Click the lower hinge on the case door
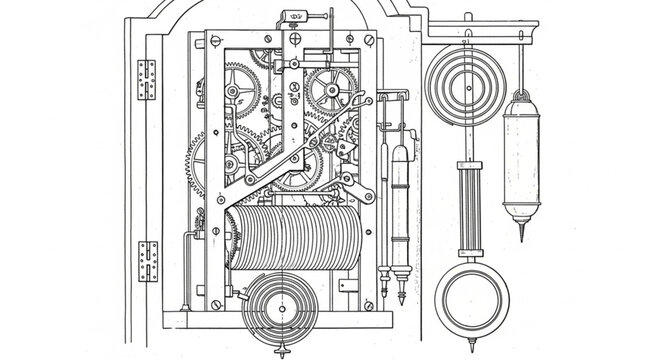[148, 260]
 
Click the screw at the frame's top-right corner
[368, 41]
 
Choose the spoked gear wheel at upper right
[330, 90]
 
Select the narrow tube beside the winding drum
[399, 210]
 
